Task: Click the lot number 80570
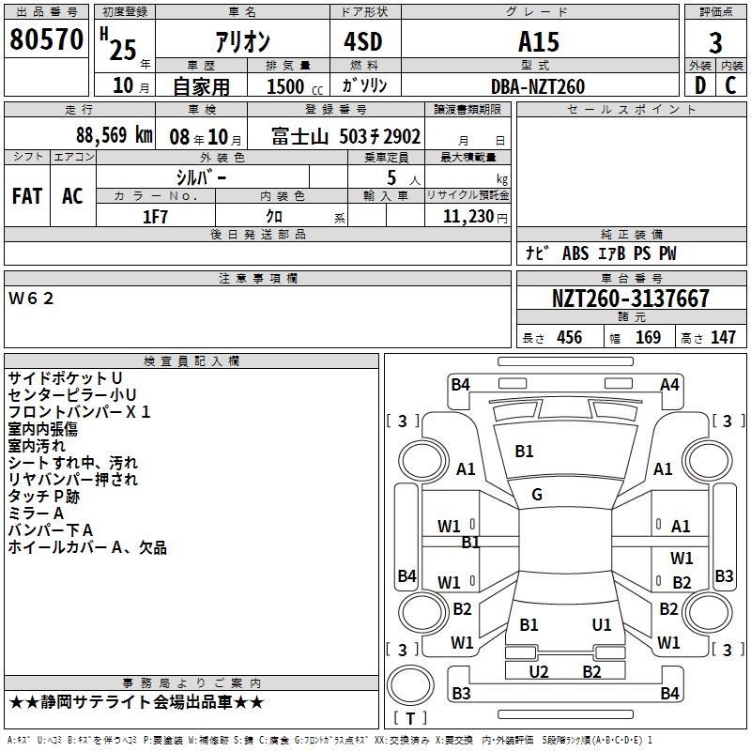(x=46, y=38)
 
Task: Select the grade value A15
(x=538, y=41)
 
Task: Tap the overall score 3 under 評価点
(x=715, y=42)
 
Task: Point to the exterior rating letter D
(x=700, y=85)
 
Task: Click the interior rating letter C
(x=730, y=85)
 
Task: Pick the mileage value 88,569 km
(x=115, y=135)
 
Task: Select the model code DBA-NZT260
(x=538, y=86)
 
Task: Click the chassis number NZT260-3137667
(x=630, y=299)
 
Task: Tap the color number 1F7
(x=155, y=217)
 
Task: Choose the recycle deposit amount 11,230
(x=468, y=217)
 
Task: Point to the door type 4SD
(x=363, y=41)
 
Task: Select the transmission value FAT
(x=27, y=196)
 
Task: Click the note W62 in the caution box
(x=31, y=299)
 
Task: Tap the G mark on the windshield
(x=537, y=495)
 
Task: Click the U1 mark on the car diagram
(x=602, y=624)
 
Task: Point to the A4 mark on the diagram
(x=669, y=385)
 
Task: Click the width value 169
(x=648, y=337)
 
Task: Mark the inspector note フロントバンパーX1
(x=80, y=412)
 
